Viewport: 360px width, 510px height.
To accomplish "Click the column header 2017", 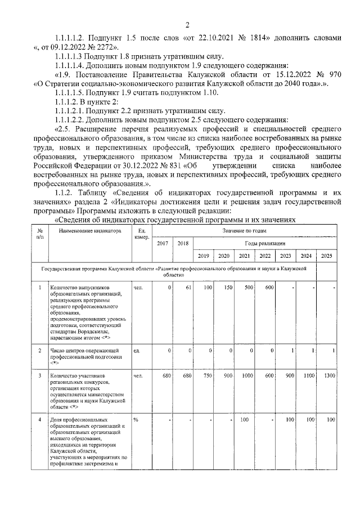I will [163, 243].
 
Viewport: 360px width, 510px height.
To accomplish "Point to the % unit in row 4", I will [136, 420].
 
